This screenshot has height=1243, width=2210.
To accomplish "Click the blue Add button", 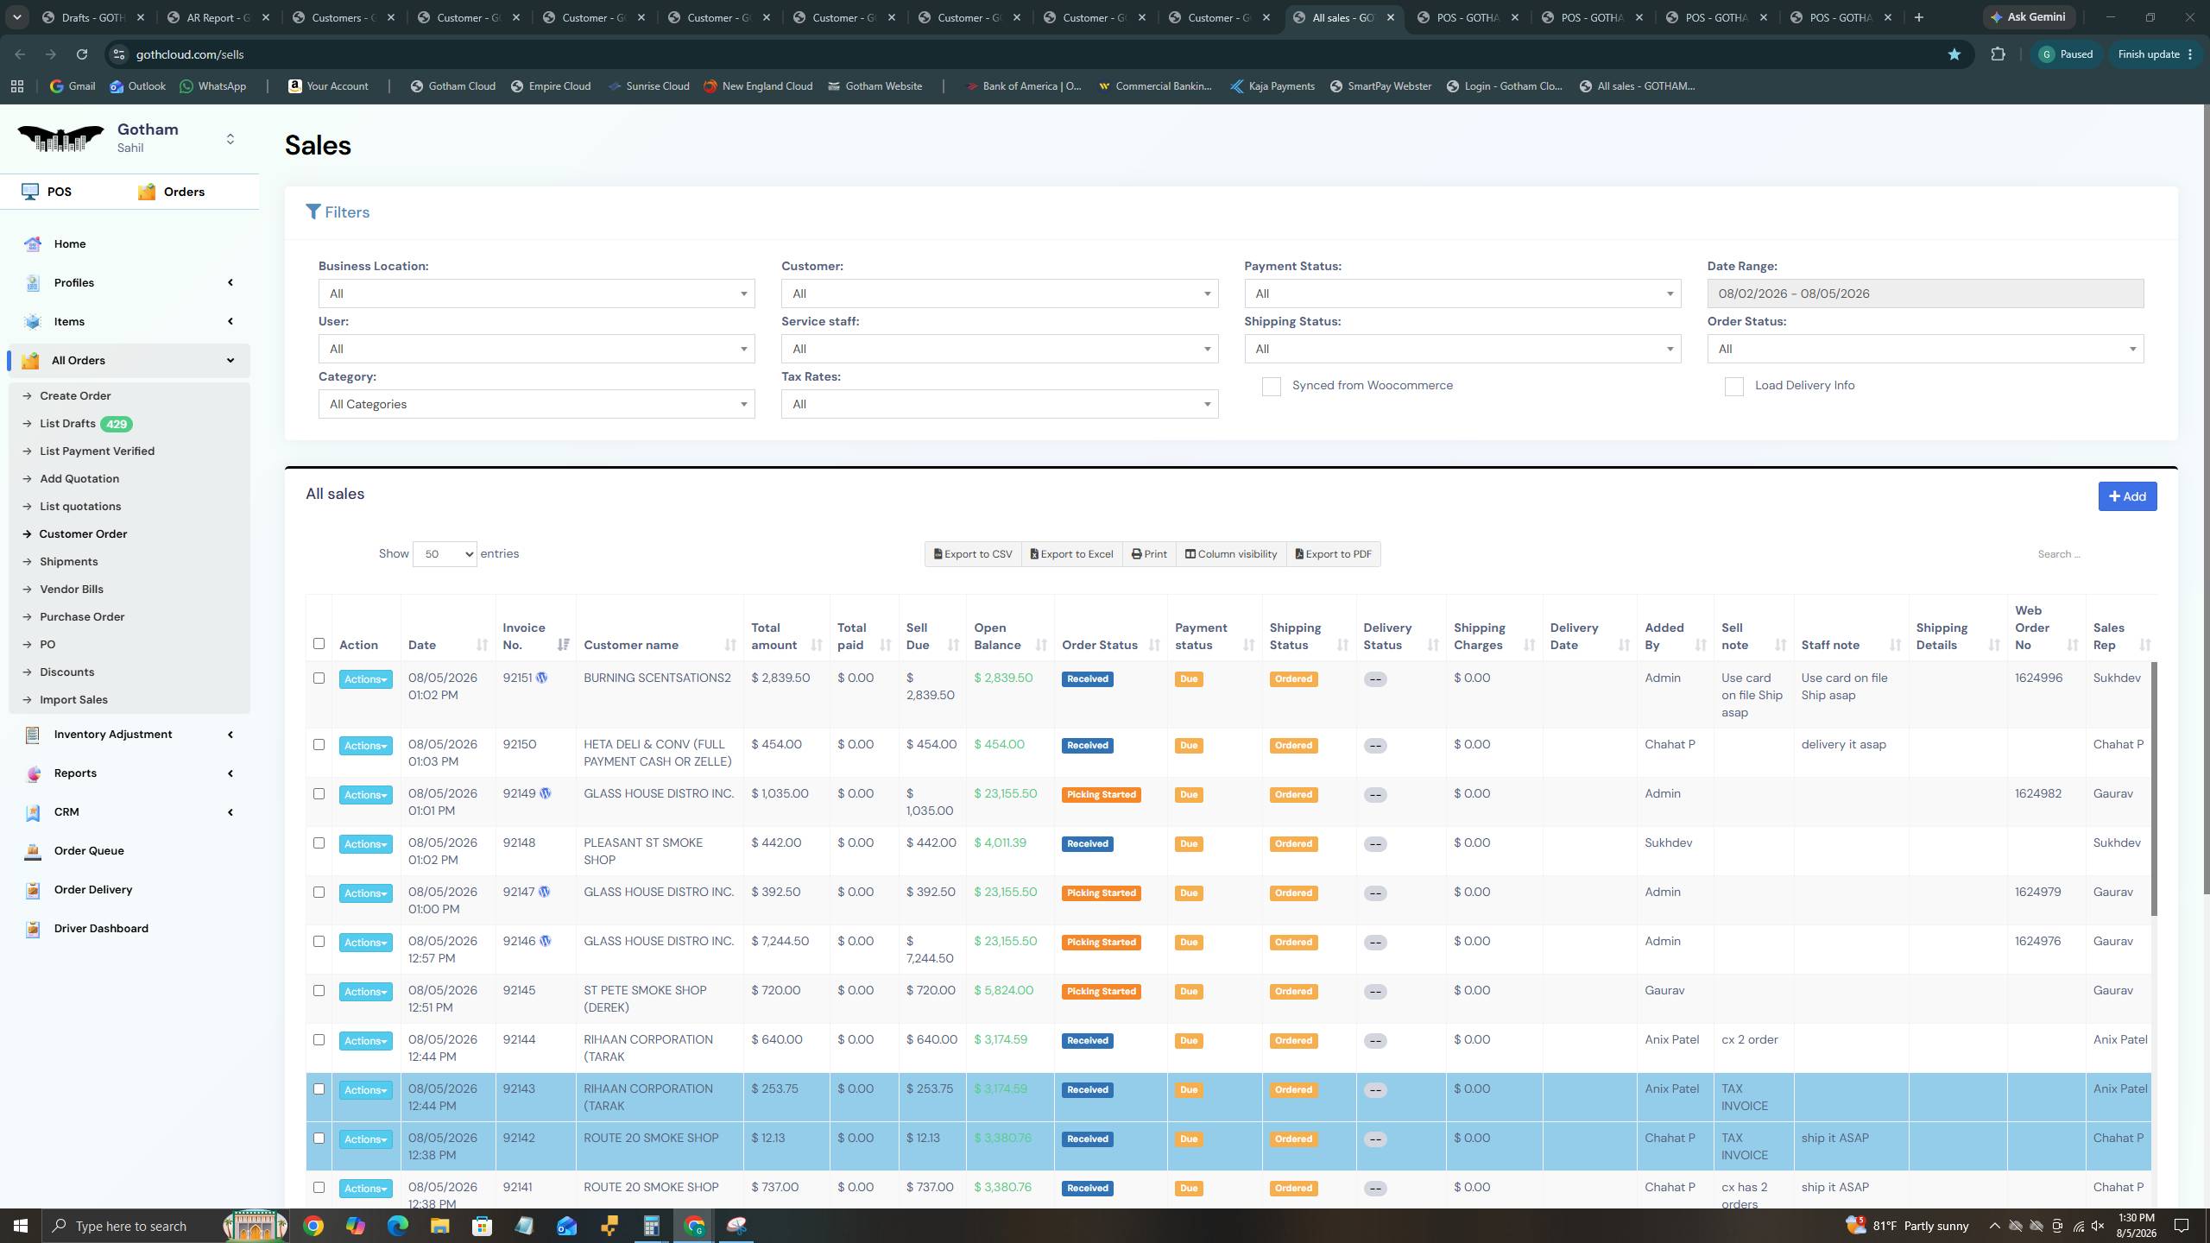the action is tap(2127, 496).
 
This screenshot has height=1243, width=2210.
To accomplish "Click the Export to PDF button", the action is tap(1333, 554).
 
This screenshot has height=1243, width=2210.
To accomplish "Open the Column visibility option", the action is tap(1230, 554).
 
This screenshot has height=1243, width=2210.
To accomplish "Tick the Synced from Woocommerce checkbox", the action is tap(1271, 387).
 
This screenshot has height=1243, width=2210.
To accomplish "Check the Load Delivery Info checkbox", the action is tap(1733, 387).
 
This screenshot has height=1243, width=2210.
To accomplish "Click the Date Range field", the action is tap(1925, 293).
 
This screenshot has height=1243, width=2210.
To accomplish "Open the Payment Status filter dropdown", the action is tap(1462, 293).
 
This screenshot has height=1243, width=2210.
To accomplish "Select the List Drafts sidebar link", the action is tap(67, 424).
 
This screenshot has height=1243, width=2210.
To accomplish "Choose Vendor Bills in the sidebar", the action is tap(72, 590).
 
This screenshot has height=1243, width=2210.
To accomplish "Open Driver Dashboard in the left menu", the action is tap(101, 929).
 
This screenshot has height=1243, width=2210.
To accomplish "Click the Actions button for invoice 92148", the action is tap(365, 844).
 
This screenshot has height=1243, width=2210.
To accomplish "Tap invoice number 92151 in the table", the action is tap(517, 678).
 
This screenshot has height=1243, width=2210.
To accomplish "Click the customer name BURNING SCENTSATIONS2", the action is tap(657, 678).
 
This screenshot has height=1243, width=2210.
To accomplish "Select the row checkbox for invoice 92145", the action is tap(319, 991).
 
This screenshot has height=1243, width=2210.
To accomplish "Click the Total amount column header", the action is tap(773, 636).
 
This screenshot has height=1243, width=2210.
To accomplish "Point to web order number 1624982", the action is tap(2038, 794).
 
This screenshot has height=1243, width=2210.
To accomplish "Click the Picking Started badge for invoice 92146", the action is tap(1101, 943).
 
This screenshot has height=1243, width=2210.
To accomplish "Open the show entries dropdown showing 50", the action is tap(445, 554).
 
